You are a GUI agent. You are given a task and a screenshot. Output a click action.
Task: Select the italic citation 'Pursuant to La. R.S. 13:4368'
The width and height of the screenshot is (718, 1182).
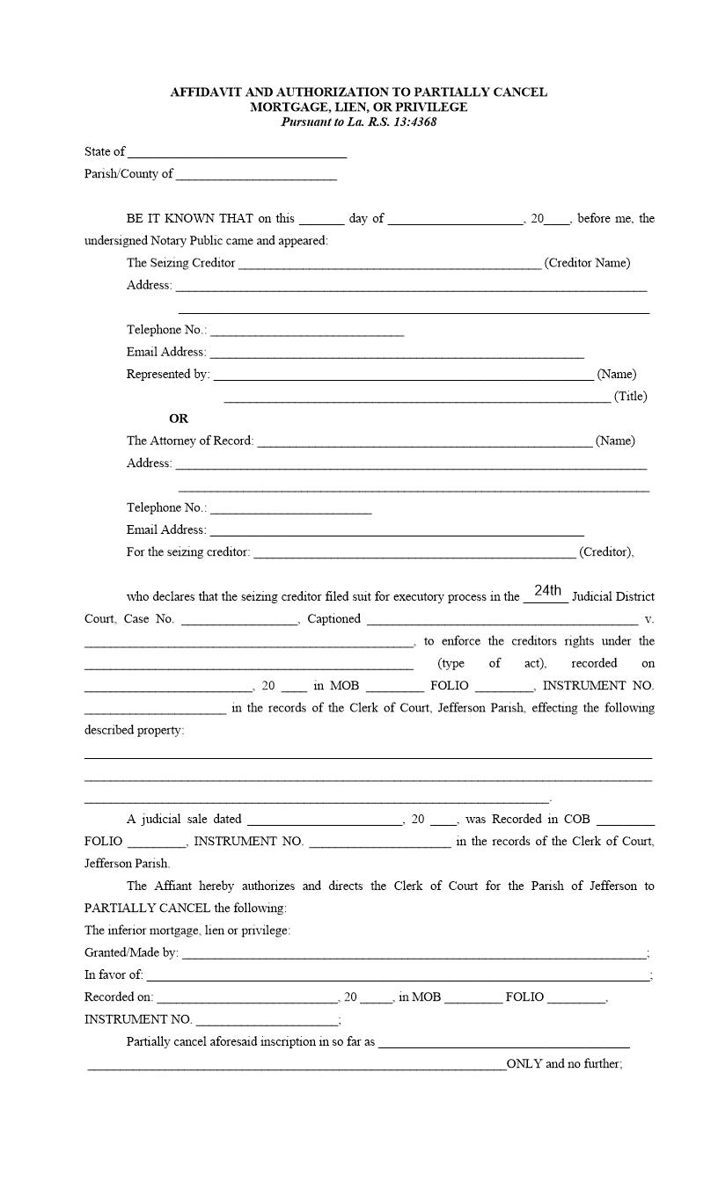pos(359,122)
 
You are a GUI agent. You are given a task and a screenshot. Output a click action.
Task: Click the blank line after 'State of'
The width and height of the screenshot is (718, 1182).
pos(237,153)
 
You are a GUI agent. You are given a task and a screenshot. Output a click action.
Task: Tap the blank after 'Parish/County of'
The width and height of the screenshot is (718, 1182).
pos(256,175)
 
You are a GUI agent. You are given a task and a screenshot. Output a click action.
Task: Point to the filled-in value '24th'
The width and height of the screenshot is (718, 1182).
pos(547,590)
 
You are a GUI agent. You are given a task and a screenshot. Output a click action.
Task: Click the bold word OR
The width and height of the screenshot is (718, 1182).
pos(179,419)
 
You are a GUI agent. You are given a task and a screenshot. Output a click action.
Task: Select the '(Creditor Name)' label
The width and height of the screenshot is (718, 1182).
pos(587,263)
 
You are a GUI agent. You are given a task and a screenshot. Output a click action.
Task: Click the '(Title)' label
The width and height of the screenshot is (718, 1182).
pos(630,397)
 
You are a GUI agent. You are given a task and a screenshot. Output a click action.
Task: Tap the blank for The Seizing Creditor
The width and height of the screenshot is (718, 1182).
pos(389,264)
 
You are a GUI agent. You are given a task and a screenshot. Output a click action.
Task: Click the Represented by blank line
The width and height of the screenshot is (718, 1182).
pos(403,376)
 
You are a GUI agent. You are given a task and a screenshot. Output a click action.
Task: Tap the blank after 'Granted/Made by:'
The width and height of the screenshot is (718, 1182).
pos(414,954)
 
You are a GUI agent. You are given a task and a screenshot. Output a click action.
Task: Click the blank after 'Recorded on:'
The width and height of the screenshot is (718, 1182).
pos(246,998)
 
